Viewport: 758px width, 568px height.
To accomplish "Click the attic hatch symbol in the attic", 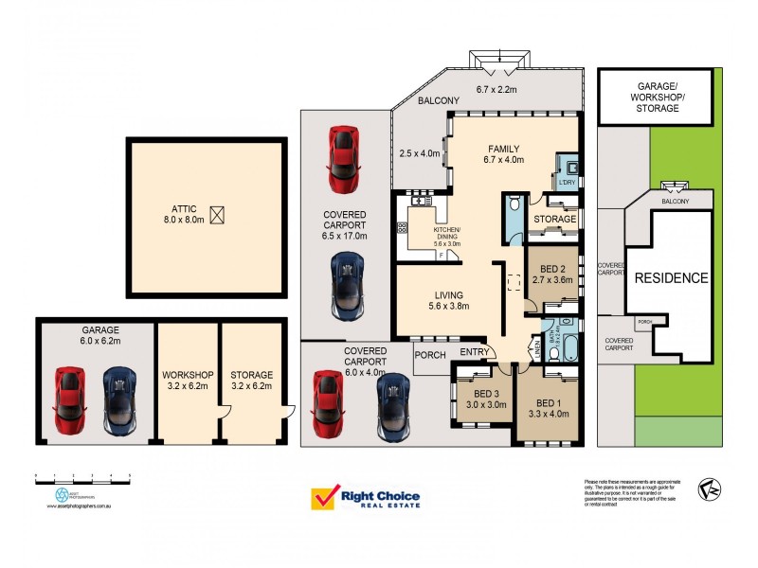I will pyautogui.click(x=218, y=215).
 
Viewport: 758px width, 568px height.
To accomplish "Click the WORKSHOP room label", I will pyautogui.click(x=185, y=375).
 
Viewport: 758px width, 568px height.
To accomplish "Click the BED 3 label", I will pyautogui.click(x=486, y=393).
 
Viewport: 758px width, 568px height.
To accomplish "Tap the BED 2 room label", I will pyautogui.click(x=550, y=268).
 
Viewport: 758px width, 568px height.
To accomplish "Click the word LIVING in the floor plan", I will pyautogui.click(x=449, y=293).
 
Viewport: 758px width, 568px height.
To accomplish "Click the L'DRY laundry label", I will pyautogui.click(x=567, y=181).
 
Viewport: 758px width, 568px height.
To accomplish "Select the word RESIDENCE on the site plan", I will pyautogui.click(x=671, y=278).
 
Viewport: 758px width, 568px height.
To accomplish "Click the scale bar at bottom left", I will pyautogui.click(x=81, y=474).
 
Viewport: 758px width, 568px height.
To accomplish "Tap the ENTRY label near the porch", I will pyautogui.click(x=474, y=353).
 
